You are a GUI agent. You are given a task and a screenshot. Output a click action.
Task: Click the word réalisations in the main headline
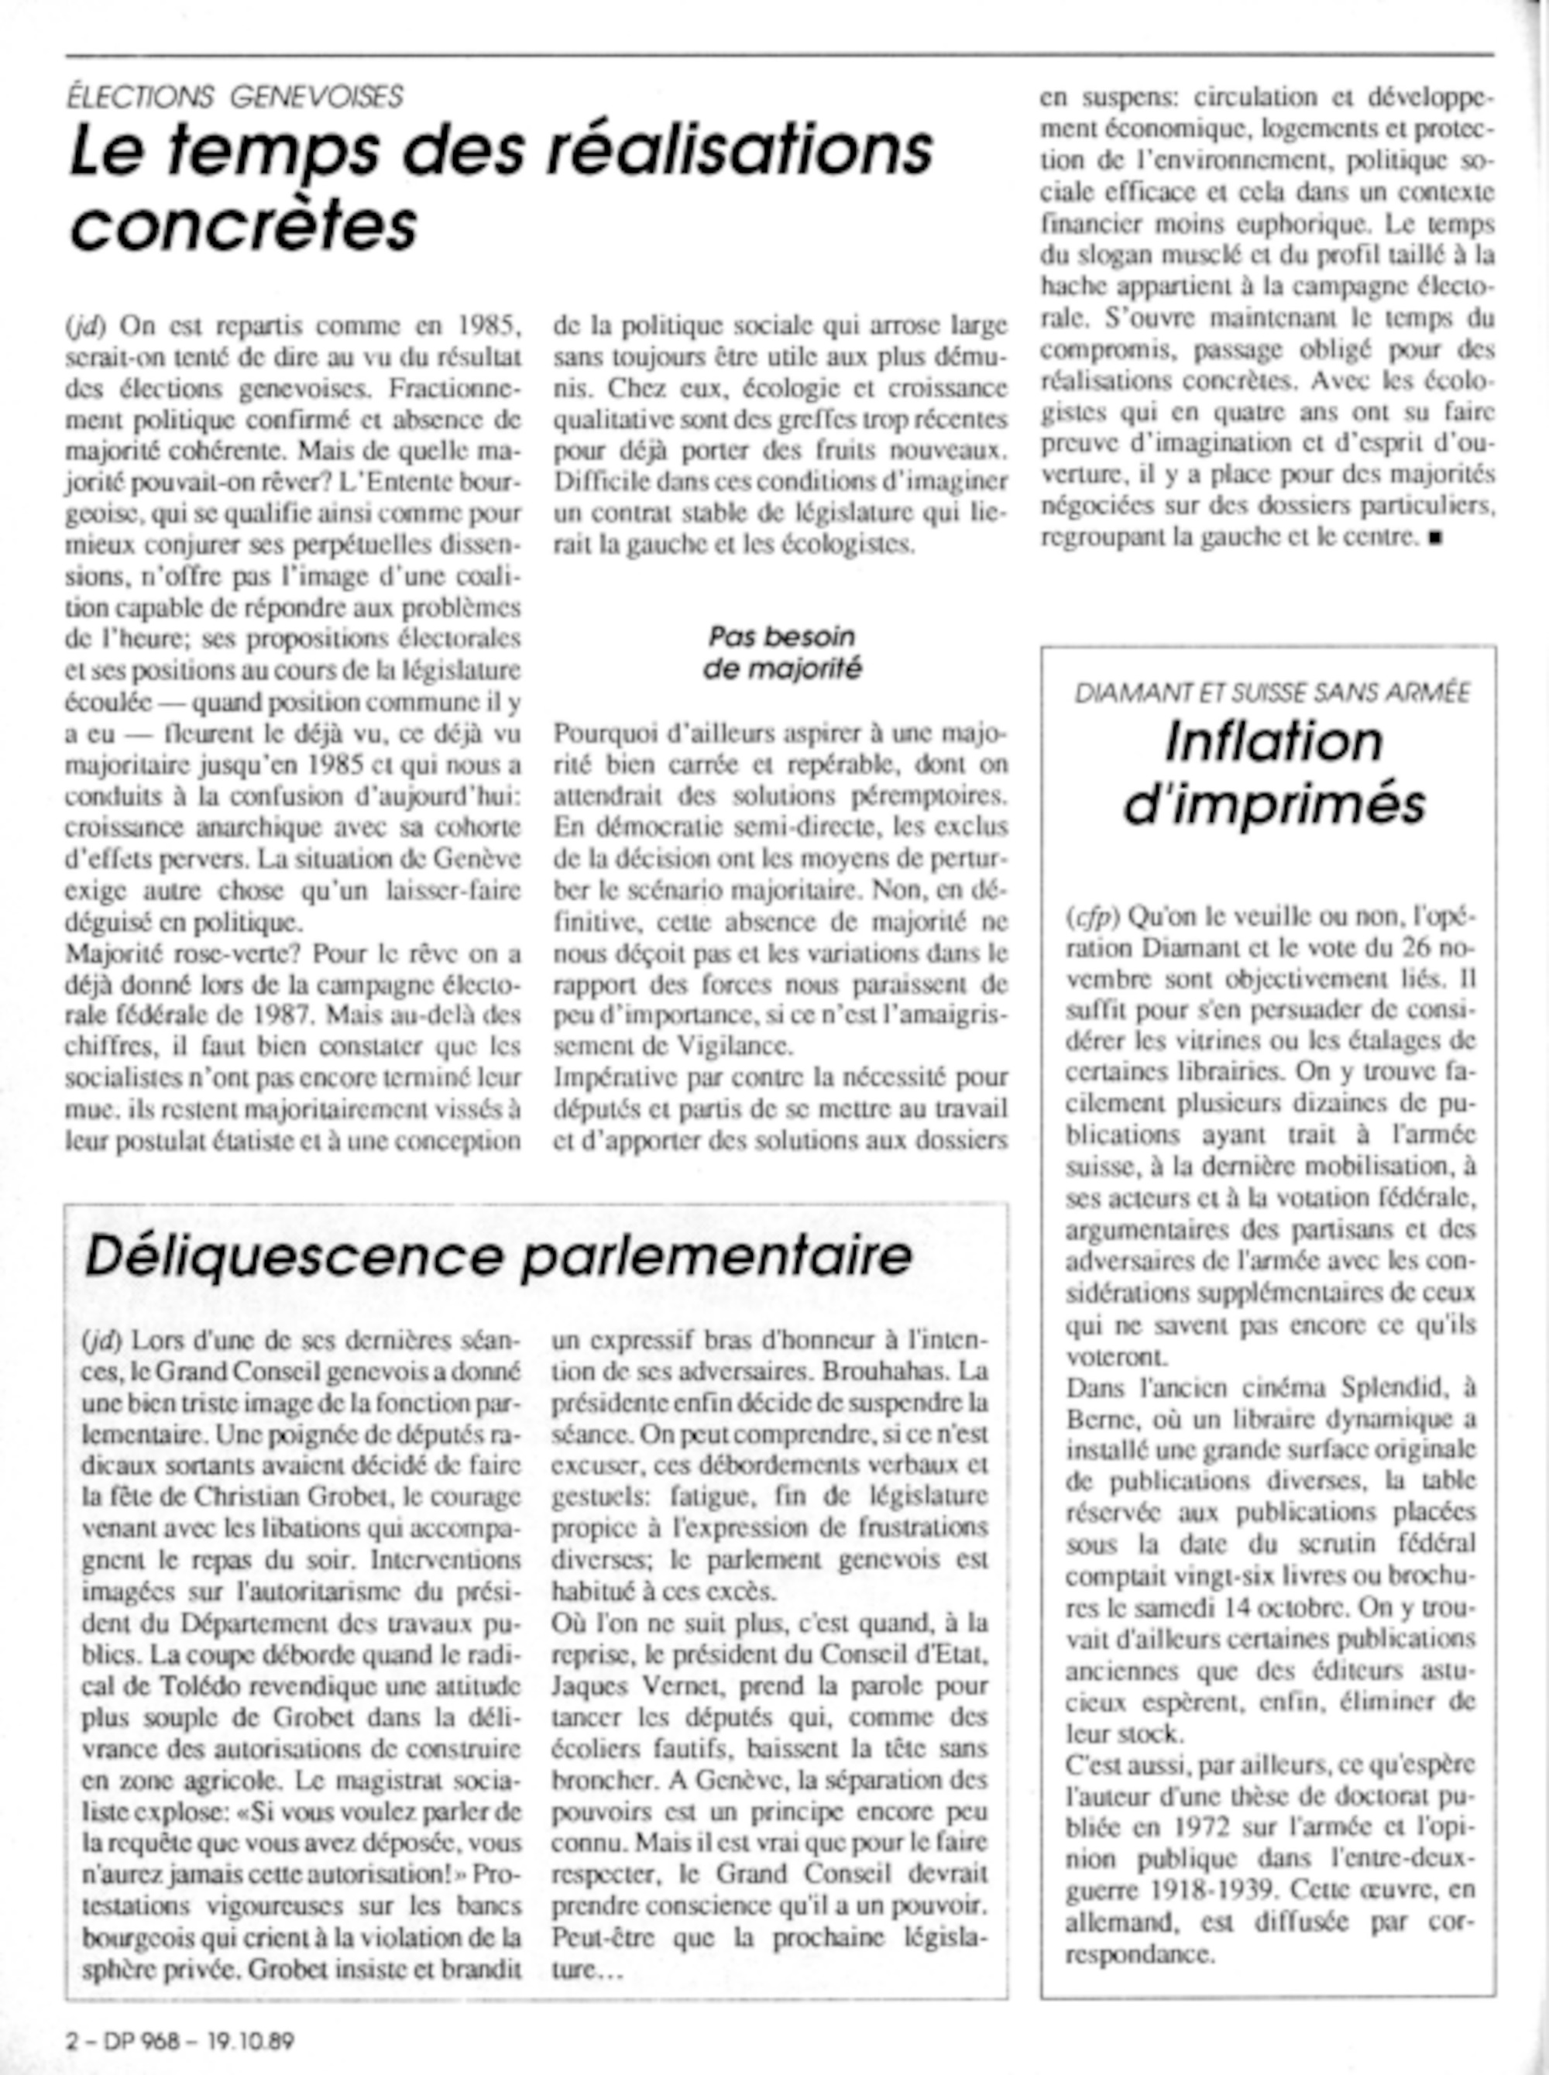740,151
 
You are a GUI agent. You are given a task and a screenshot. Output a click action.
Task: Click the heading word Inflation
1273,742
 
